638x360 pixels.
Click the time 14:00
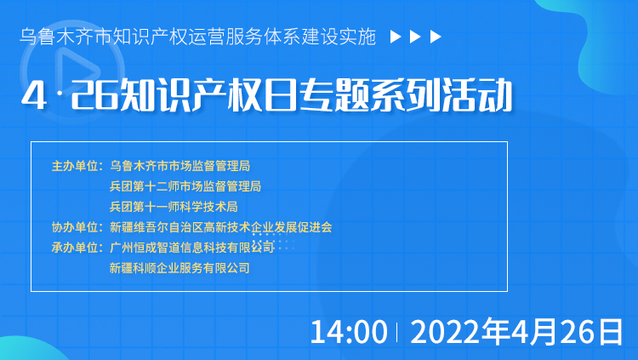349,332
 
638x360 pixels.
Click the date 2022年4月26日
516,332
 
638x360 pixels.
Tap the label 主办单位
75,166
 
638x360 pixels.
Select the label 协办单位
75,227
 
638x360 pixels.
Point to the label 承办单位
75,248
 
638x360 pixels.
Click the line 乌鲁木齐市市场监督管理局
179,166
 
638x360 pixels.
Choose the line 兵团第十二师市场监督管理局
185,186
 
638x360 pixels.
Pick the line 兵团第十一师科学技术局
174,207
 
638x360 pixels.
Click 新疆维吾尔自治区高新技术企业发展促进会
221,227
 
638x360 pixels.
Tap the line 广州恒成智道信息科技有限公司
191,248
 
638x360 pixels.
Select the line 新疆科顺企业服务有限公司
179,268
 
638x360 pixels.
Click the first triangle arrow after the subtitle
396,37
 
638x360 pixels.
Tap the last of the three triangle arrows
436,37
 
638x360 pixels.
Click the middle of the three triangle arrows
415,37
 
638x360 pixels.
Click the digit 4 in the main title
34,95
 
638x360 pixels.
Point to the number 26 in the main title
94,95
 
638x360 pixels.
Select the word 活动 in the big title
478,95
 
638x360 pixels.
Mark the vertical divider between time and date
397,332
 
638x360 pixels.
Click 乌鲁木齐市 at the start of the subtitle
66,37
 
